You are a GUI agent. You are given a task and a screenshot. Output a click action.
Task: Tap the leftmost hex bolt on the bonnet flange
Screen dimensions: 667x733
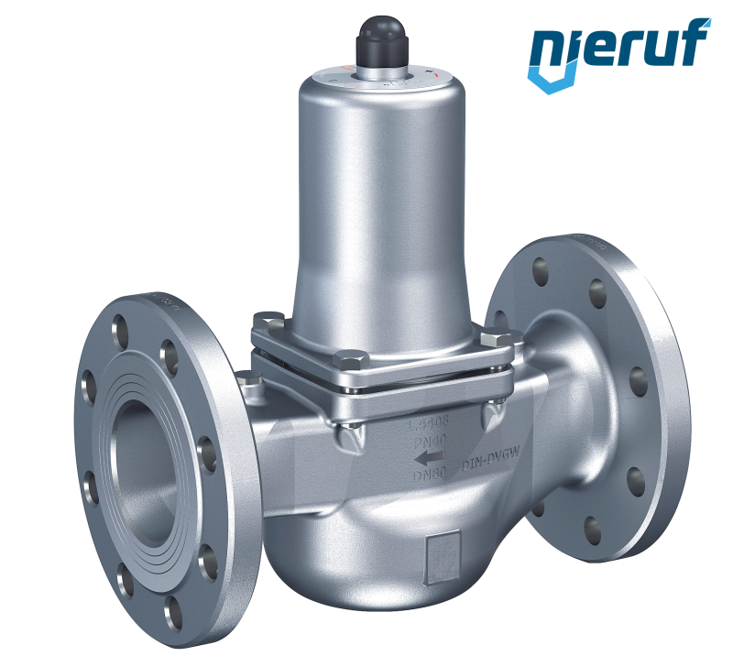(x=268, y=321)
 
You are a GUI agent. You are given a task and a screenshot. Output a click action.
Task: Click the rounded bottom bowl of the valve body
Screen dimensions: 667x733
(x=366, y=559)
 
